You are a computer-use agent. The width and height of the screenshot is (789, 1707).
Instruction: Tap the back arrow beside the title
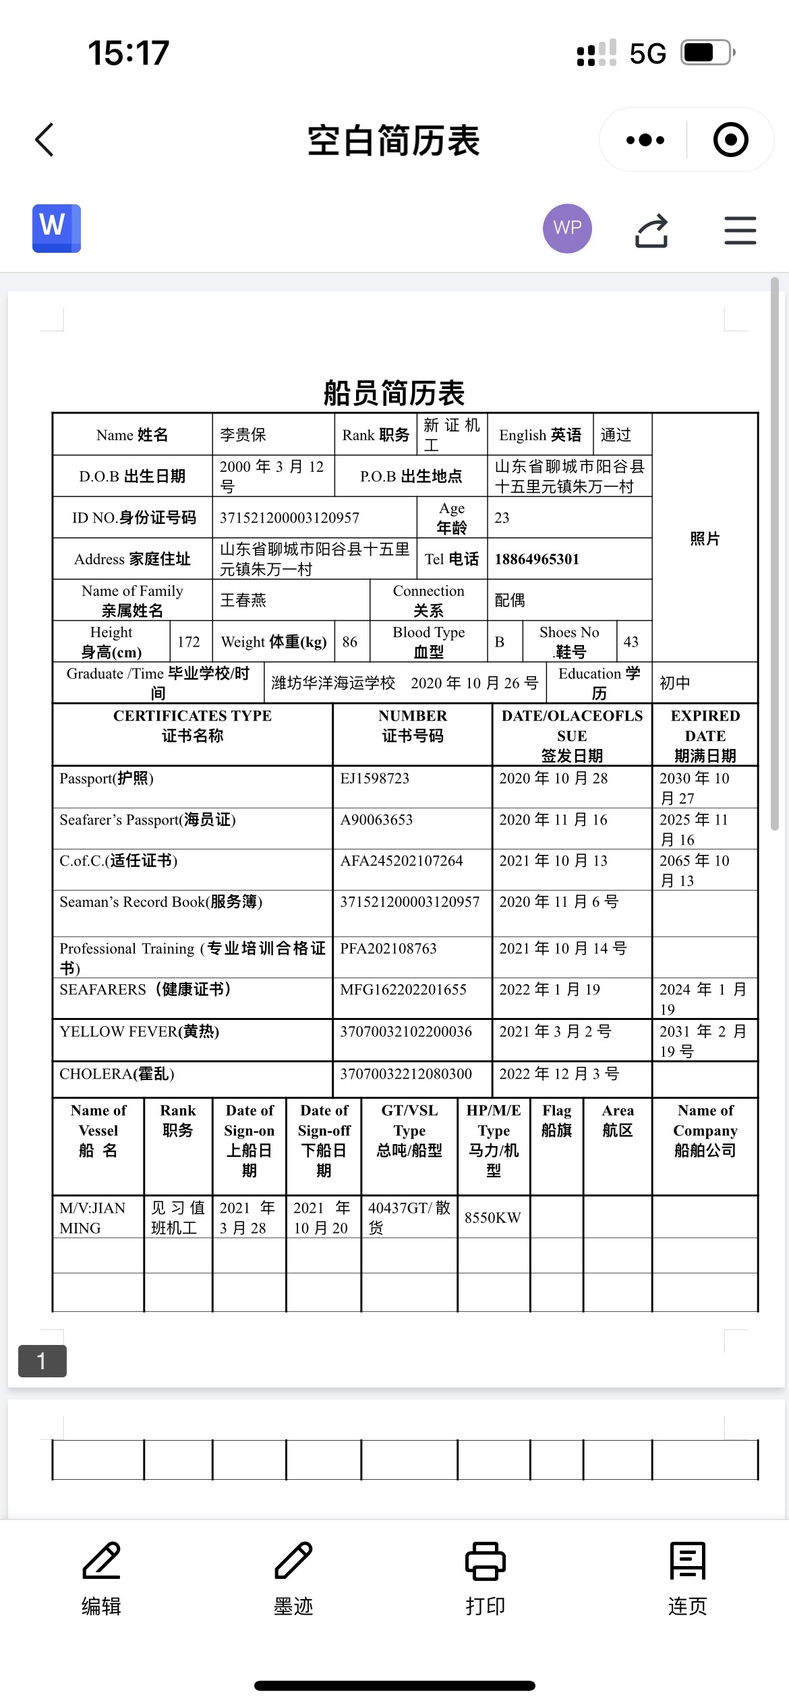(45, 140)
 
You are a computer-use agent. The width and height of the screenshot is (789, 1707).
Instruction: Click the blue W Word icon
(57, 229)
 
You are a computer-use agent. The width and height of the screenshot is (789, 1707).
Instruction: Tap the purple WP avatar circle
(567, 229)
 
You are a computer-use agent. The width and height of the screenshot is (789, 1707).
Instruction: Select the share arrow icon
(651, 231)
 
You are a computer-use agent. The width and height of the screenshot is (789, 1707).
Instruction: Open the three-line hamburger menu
(740, 231)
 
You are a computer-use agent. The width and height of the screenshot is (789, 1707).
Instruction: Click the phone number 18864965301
(537, 559)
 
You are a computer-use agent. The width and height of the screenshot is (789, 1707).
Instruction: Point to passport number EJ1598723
(375, 779)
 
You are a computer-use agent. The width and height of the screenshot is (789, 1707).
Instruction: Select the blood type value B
(500, 642)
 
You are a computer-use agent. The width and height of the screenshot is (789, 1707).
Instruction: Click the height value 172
(189, 642)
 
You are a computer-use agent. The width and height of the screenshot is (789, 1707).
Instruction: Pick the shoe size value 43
(631, 642)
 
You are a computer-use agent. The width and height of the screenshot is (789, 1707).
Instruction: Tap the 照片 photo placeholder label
(705, 539)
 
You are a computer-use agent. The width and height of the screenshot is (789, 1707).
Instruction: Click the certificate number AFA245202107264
(401, 861)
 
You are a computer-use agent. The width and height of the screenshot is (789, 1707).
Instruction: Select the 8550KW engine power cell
(493, 1218)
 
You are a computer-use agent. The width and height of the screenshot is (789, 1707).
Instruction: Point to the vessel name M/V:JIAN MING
(93, 1218)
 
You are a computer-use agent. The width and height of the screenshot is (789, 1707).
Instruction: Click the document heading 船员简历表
(394, 393)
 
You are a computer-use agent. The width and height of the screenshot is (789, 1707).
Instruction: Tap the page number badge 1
(42, 1361)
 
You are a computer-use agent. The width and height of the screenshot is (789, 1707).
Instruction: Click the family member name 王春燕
(243, 600)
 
